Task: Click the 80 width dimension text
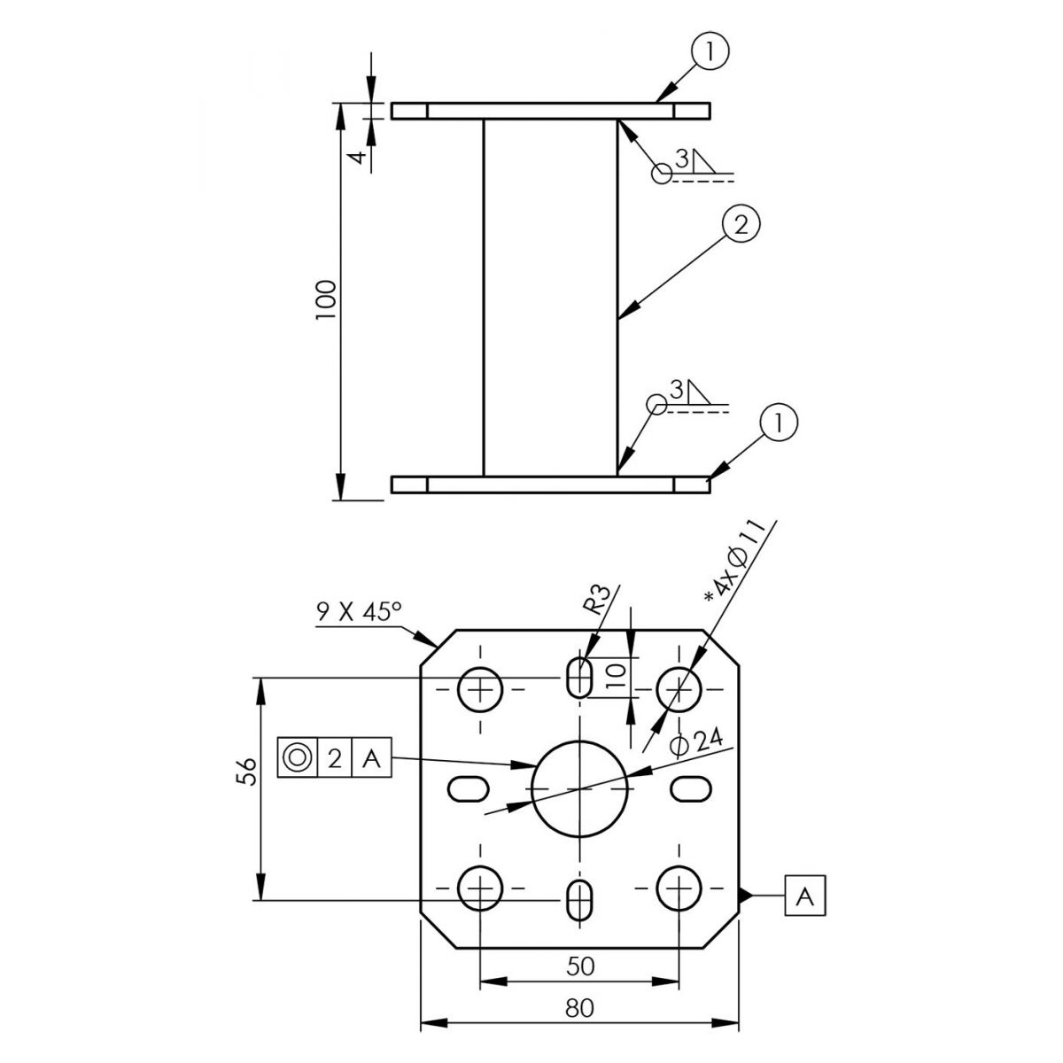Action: [579, 1008]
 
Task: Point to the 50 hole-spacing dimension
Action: [580, 966]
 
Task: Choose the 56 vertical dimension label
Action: [246, 772]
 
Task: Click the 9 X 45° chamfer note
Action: [359, 612]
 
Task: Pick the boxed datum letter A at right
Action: [805, 896]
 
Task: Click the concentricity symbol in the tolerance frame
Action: [298, 757]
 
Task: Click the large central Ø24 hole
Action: [579, 789]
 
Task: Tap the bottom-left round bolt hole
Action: [480, 888]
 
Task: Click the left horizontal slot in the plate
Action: [468, 789]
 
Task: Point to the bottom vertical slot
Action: [579, 900]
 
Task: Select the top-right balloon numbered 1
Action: [710, 51]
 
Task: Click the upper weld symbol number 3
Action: [682, 160]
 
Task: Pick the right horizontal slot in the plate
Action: [690, 789]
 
